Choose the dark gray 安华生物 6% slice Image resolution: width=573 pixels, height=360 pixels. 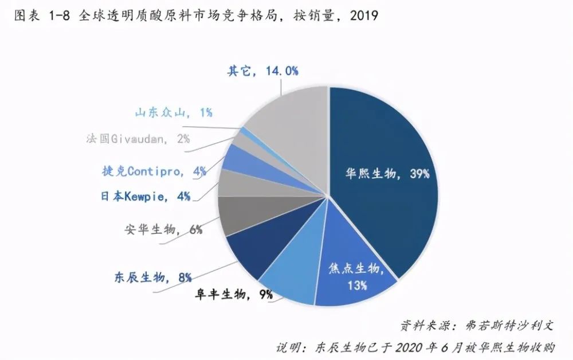[238, 215]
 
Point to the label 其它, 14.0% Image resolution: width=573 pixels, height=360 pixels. [262, 71]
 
